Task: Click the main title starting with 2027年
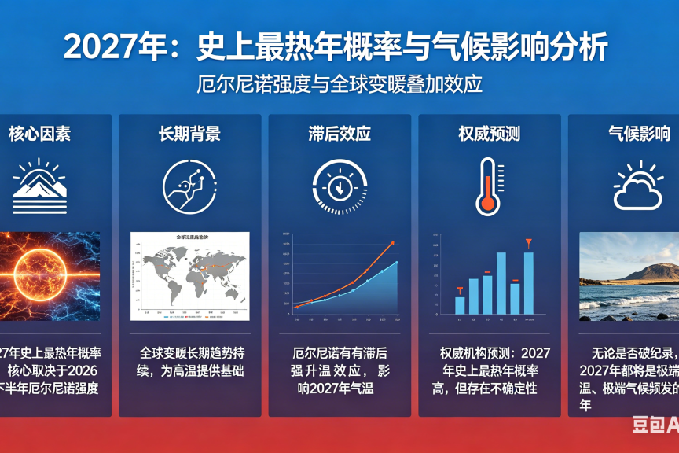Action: pyautogui.click(x=336, y=47)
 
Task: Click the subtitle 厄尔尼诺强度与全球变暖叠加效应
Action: pyautogui.click(x=339, y=84)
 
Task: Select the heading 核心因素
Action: pyautogui.click(x=39, y=134)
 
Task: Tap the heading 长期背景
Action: pyautogui.click(x=189, y=134)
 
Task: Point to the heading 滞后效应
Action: pyautogui.click(x=339, y=134)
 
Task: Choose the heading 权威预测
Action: pyautogui.click(x=489, y=134)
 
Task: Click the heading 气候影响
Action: pyautogui.click(x=639, y=134)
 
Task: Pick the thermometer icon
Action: pyautogui.click(x=488, y=186)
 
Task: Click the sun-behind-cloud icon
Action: pyautogui.click(x=638, y=186)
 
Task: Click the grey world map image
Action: pyautogui.click(x=189, y=275)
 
